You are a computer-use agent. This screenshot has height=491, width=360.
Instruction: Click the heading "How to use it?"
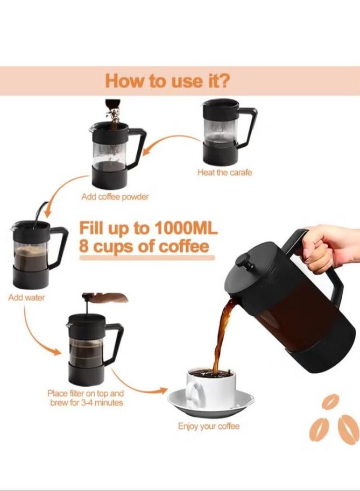tap(167, 81)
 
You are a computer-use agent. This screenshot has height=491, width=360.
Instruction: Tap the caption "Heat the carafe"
tap(224, 173)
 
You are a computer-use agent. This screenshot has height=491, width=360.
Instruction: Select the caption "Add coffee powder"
tap(115, 197)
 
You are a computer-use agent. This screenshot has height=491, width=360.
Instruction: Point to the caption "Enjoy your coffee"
tap(209, 426)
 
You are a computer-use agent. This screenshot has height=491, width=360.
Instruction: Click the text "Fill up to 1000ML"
tap(149, 227)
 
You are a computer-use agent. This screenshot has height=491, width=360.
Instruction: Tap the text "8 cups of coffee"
tap(144, 247)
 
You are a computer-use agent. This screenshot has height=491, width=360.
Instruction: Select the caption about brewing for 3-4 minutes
tap(86, 398)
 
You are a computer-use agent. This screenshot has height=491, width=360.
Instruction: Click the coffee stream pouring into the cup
tap(220, 333)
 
